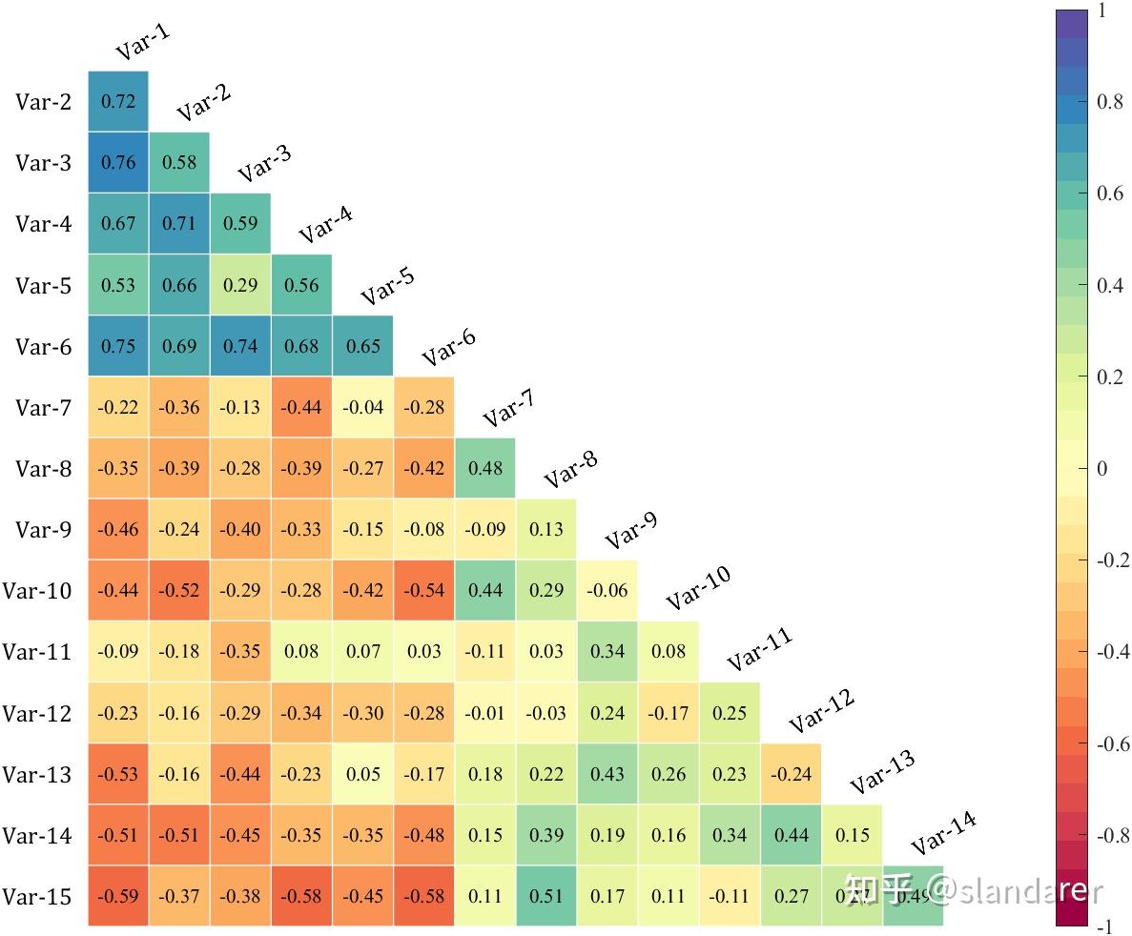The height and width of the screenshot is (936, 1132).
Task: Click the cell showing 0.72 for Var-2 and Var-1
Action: point(118,101)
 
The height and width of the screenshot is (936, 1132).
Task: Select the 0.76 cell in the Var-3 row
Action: point(118,162)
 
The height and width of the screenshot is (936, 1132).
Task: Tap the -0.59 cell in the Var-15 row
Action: point(118,896)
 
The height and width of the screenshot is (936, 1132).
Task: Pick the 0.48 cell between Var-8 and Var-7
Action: point(485,468)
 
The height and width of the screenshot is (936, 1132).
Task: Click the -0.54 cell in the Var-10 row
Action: point(424,590)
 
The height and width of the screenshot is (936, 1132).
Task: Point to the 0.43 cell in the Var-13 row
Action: point(607,774)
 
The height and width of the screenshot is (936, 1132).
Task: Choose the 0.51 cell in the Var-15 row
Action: point(546,896)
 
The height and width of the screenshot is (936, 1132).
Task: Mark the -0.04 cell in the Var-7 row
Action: point(363,407)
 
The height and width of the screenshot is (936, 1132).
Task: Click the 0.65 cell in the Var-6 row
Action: point(363,346)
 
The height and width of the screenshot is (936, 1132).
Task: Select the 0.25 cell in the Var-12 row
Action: point(730,713)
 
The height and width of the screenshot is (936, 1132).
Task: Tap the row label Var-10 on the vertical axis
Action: point(37,591)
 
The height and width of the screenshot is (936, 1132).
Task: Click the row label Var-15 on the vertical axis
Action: point(37,897)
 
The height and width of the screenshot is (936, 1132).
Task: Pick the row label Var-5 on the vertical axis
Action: point(43,285)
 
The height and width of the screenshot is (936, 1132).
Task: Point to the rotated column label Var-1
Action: point(143,42)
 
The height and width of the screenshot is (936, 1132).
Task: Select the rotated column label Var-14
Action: point(943,833)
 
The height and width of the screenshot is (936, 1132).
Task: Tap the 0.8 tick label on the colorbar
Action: point(1109,102)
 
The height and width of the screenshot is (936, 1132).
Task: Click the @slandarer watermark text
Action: point(1016,891)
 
